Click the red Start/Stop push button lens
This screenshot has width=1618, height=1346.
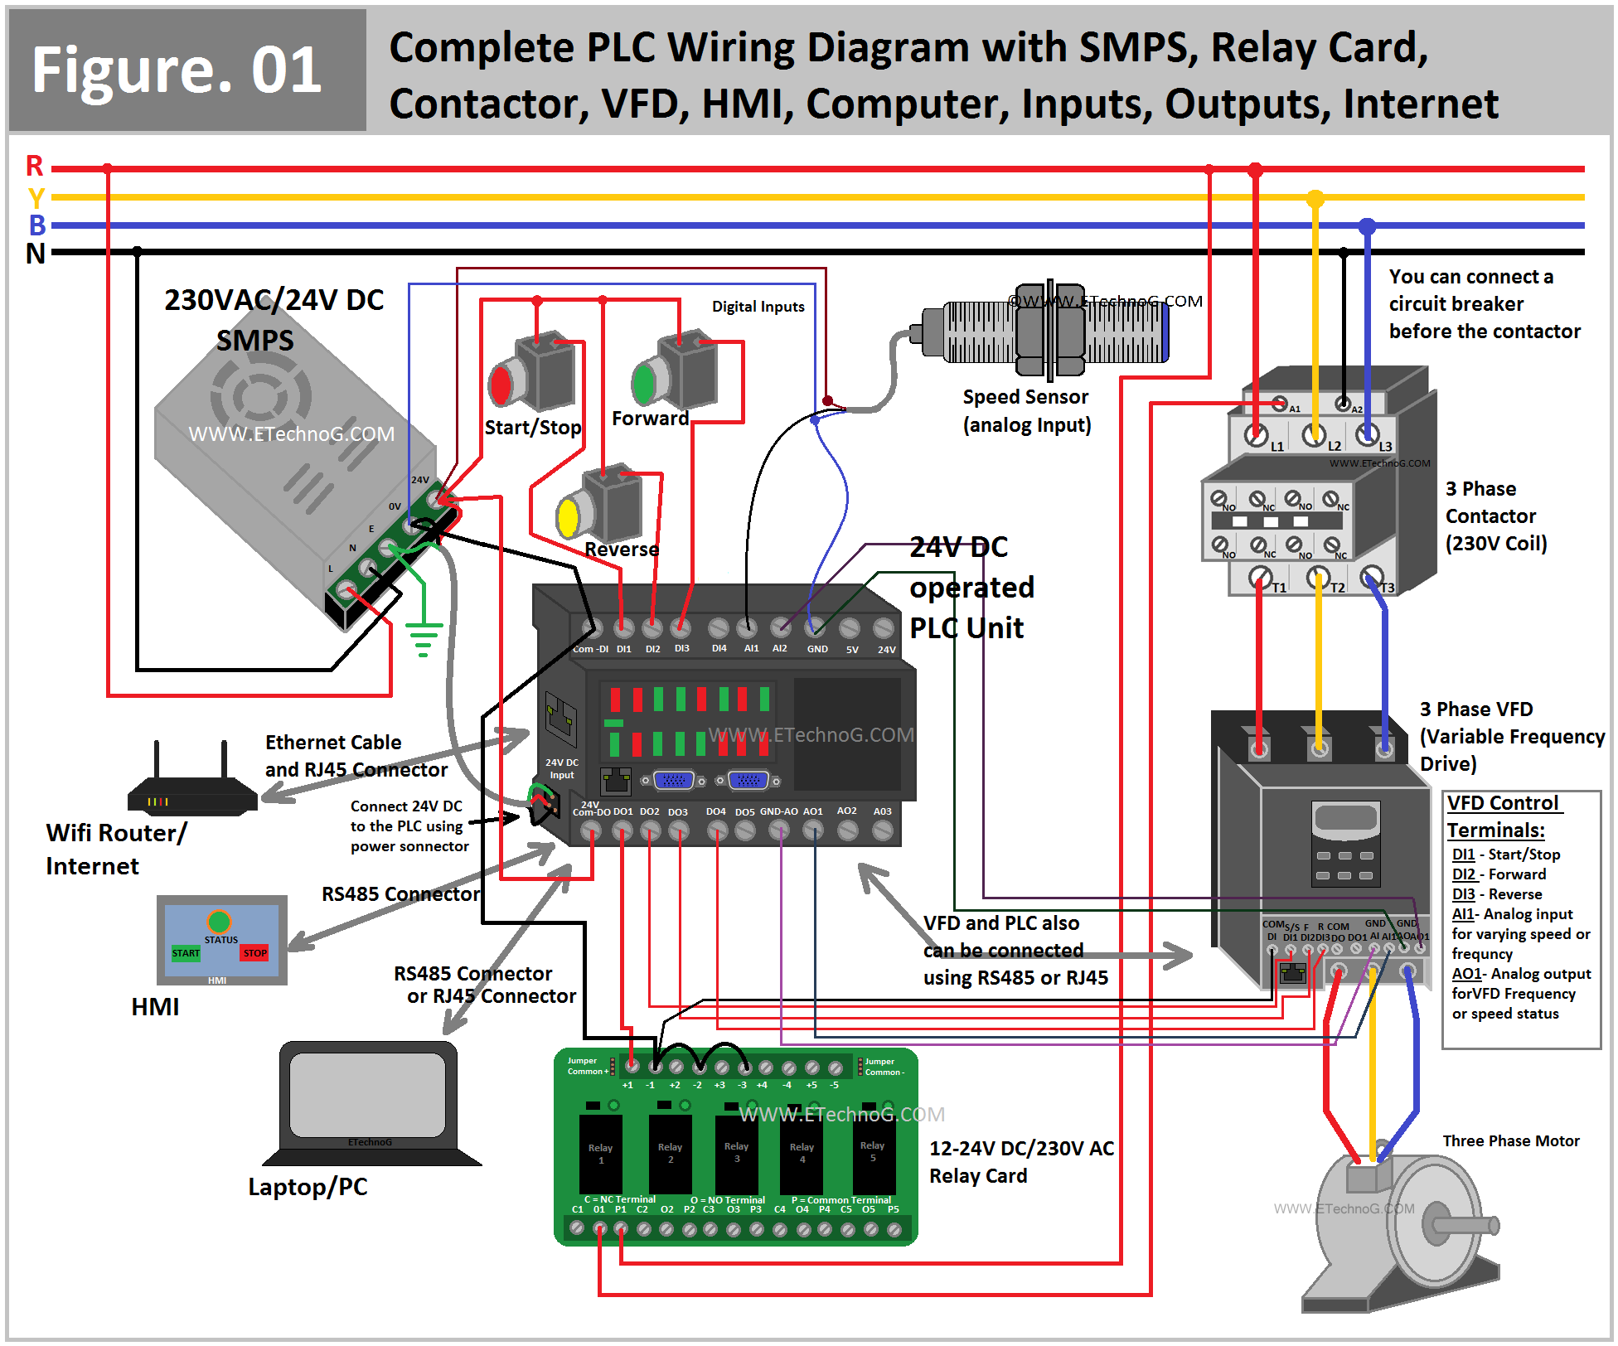pyautogui.click(x=501, y=385)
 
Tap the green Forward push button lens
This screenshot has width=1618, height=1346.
pyautogui.click(x=644, y=382)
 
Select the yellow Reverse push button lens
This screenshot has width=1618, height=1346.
pyautogui.click(x=569, y=517)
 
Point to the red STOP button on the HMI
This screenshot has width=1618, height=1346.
pyautogui.click(x=254, y=953)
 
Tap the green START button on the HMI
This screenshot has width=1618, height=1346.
pyautogui.click(x=186, y=953)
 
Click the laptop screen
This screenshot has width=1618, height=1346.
pyautogui.click(x=367, y=1094)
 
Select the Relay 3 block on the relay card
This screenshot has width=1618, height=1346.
pyautogui.click(x=737, y=1153)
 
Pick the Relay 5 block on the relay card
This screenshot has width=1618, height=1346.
pyautogui.click(x=873, y=1152)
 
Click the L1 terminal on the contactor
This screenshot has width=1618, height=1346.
pyautogui.click(x=1257, y=433)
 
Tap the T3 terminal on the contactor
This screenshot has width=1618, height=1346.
pyautogui.click(x=1372, y=577)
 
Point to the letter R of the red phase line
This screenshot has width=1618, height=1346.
pyautogui.click(x=35, y=167)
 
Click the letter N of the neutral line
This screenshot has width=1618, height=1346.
pyautogui.click(x=36, y=253)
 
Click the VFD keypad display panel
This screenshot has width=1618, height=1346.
pyautogui.click(x=1345, y=819)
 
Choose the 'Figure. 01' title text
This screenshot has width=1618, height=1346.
pyautogui.click(x=177, y=70)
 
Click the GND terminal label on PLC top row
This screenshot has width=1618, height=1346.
pyautogui.click(x=817, y=649)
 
